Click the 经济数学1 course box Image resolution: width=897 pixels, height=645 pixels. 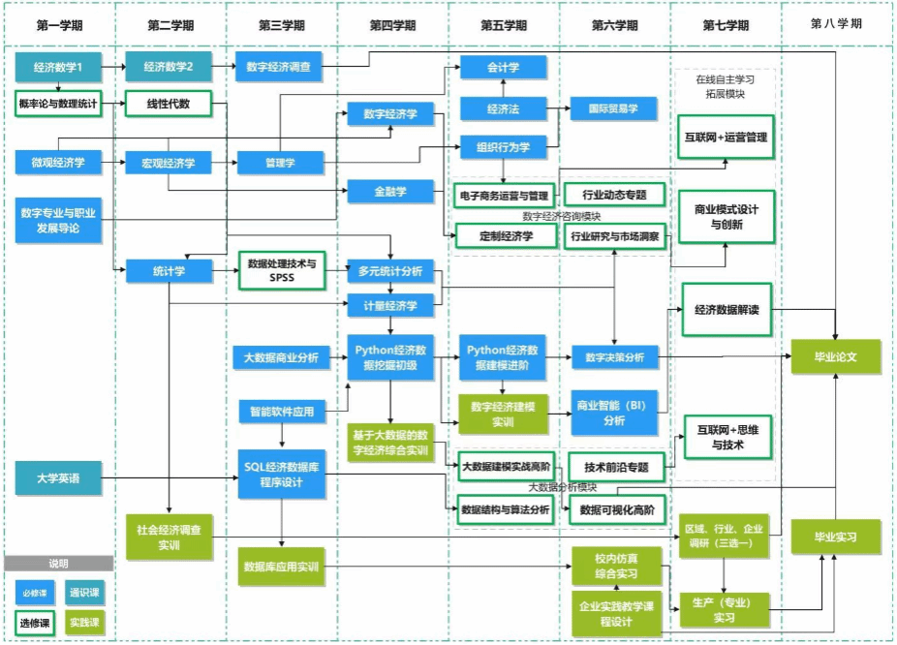coord(57,68)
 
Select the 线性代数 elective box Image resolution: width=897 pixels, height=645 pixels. coord(169,104)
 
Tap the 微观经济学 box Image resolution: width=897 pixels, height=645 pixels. coord(57,163)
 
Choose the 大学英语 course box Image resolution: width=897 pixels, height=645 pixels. coord(57,477)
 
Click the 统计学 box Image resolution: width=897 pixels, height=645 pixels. coord(169,270)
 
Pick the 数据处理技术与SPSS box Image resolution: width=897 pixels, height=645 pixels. coord(281,270)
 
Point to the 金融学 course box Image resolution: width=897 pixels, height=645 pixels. coord(391,192)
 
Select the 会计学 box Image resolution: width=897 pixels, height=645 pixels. coord(503,68)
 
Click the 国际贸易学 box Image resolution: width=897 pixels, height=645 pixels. coord(613,109)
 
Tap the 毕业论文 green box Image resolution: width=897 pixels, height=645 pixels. coord(836,356)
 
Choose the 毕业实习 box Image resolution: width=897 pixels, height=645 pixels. coord(836,536)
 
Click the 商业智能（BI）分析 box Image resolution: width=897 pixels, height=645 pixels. coord(614,413)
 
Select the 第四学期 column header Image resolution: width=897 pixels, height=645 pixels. coord(392,24)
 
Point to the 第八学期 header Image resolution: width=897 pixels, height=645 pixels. coord(836,24)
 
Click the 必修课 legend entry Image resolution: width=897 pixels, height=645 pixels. coord(31,592)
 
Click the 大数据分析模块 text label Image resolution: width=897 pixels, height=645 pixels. coord(562,486)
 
